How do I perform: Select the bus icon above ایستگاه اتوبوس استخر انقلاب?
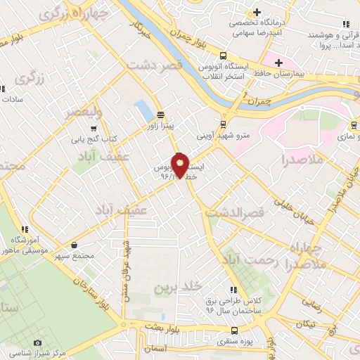(223, 56)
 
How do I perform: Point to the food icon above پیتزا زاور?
(160, 115)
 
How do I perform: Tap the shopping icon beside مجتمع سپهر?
(75, 245)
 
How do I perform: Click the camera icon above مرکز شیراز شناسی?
(37, 342)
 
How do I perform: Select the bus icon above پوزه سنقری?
(234, 330)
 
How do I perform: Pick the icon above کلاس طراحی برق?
(233, 290)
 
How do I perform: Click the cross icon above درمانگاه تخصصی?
(257, 13)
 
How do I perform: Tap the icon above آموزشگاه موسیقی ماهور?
(25, 229)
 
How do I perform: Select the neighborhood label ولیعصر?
(84, 112)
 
